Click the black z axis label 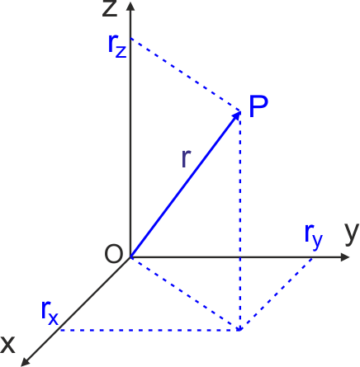110,8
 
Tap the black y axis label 352,233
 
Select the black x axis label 7,345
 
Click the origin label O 113,254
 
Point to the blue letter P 258,106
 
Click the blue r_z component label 117,46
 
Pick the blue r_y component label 314,237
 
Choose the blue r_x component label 50,313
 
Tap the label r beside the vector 187,158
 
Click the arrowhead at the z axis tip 130,6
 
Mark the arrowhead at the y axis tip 345,257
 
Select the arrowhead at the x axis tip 26,362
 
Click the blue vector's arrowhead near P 237,115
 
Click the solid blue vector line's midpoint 186,184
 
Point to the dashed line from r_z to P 185,75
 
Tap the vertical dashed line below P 240,220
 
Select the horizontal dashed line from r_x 150,330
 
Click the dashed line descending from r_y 276,294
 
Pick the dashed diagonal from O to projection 185,294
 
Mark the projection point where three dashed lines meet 240,330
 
